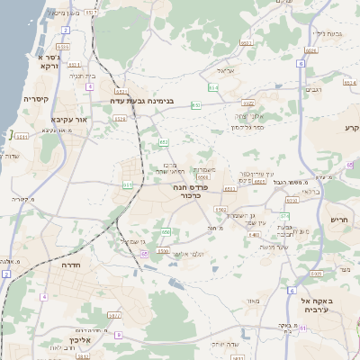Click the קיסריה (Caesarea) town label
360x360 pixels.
[x=36, y=99]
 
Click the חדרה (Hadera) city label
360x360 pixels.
[x=71, y=266]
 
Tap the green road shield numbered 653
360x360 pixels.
[x=196, y=105]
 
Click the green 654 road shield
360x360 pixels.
[x=213, y=87]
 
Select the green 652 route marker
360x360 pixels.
[x=164, y=142]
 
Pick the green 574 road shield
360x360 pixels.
[x=284, y=216]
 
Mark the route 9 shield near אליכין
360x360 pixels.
[x=118, y=335]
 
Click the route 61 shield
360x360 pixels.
[x=303, y=328]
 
